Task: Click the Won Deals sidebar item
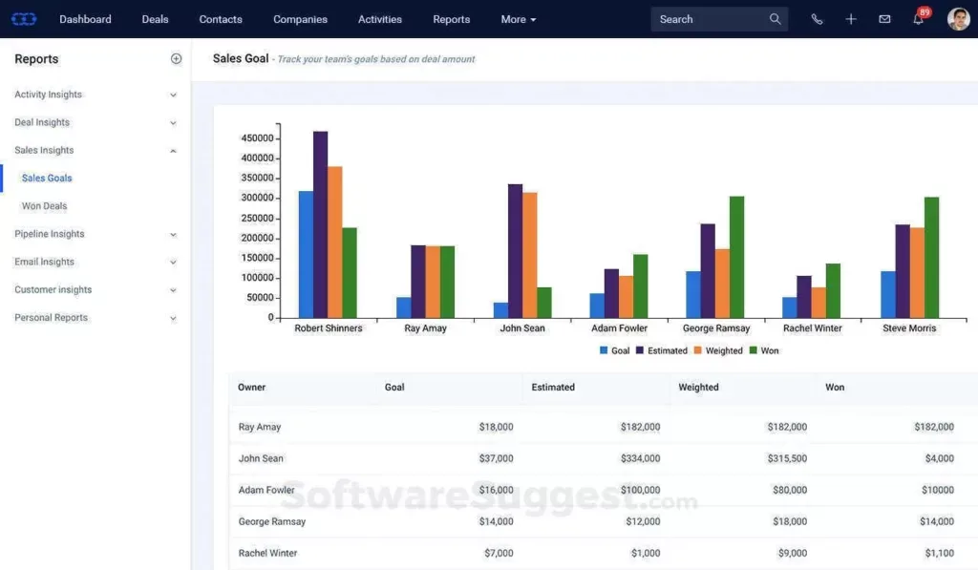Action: [44, 206]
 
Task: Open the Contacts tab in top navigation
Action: [221, 19]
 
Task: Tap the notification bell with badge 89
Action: [918, 20]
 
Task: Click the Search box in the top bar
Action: [712, 19]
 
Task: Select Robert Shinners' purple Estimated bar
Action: [320, 224]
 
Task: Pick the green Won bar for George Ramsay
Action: [736, 257]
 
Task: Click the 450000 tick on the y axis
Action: [257, 137]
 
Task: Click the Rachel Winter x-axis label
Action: [812, 328]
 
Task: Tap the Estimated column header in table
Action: [553, 388]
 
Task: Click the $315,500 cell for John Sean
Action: [787, 458]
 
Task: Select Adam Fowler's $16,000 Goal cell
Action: [496, 490]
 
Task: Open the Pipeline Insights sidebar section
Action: [50, 234]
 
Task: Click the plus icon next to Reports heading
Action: [176, 59]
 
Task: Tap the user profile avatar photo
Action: [958, 19]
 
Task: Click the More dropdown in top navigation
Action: [518, 19]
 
